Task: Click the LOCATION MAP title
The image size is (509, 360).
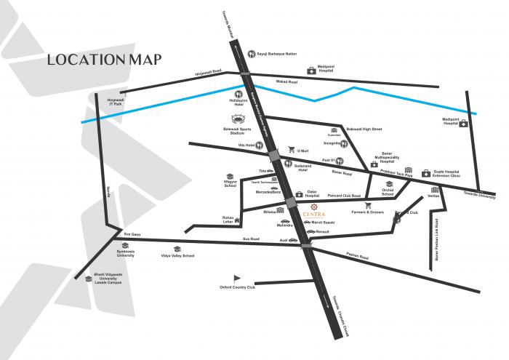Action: pyautogui.click(x=104, y=59)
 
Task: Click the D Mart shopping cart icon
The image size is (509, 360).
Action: pyautogui.click(x=291, y=149)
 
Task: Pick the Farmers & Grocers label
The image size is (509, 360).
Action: pyautogui.click(x=367, y=212)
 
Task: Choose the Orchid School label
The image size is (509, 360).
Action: pyautogui.click(x=388, y=194)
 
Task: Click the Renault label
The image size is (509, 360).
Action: pyautogui.click(x=323, y=231)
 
